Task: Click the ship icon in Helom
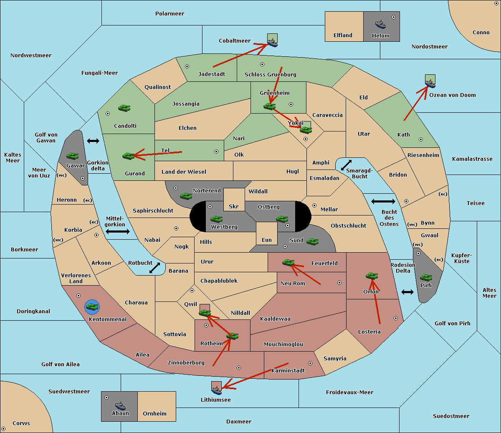(380, 24)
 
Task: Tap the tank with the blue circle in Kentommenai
(92, 307)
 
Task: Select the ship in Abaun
(121, 406)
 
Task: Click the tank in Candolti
(124, 108)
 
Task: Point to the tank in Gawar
(73, 156)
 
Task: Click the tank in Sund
(312, 241)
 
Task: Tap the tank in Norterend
(186, 196)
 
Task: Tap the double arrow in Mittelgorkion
(118, 231)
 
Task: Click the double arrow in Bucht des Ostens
(383, 201)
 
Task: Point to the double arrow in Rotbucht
(155, 268)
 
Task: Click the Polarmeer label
(170, 14)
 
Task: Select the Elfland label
(343, 35)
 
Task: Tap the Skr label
(234, 206)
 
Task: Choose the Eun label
(267, 240)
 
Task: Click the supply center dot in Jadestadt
(187, 66)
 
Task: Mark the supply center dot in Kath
(421, 139)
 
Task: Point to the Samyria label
(335, 359)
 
